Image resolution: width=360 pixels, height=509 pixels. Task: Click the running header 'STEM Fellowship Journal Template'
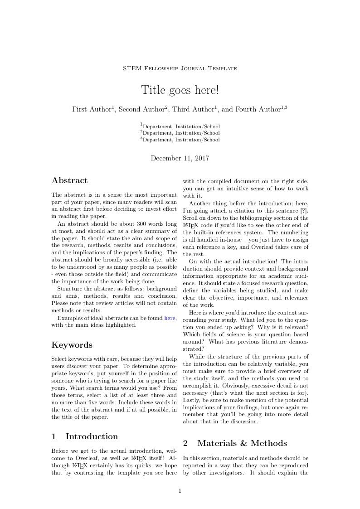click(x=180, y=68)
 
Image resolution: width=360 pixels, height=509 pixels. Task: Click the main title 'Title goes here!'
click(x=180, y=90)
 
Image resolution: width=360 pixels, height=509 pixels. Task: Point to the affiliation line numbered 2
click(x=180, y=133)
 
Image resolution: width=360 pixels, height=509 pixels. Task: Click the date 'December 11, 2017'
click(x=180, y=158)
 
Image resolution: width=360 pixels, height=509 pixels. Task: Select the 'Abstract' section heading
click(x=69, y=180)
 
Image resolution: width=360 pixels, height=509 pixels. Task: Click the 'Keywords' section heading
click(x=72, y=344)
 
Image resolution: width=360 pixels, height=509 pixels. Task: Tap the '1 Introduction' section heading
click(x=85, y=436)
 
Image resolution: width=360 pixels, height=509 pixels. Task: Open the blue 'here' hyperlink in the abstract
click(x=170, y=318)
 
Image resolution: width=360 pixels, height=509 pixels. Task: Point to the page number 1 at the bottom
click(x=180, y=490)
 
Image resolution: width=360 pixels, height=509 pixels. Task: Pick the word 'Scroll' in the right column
click(x=190, y=218)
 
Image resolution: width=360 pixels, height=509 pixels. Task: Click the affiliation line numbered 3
click(x=180, y=140)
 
